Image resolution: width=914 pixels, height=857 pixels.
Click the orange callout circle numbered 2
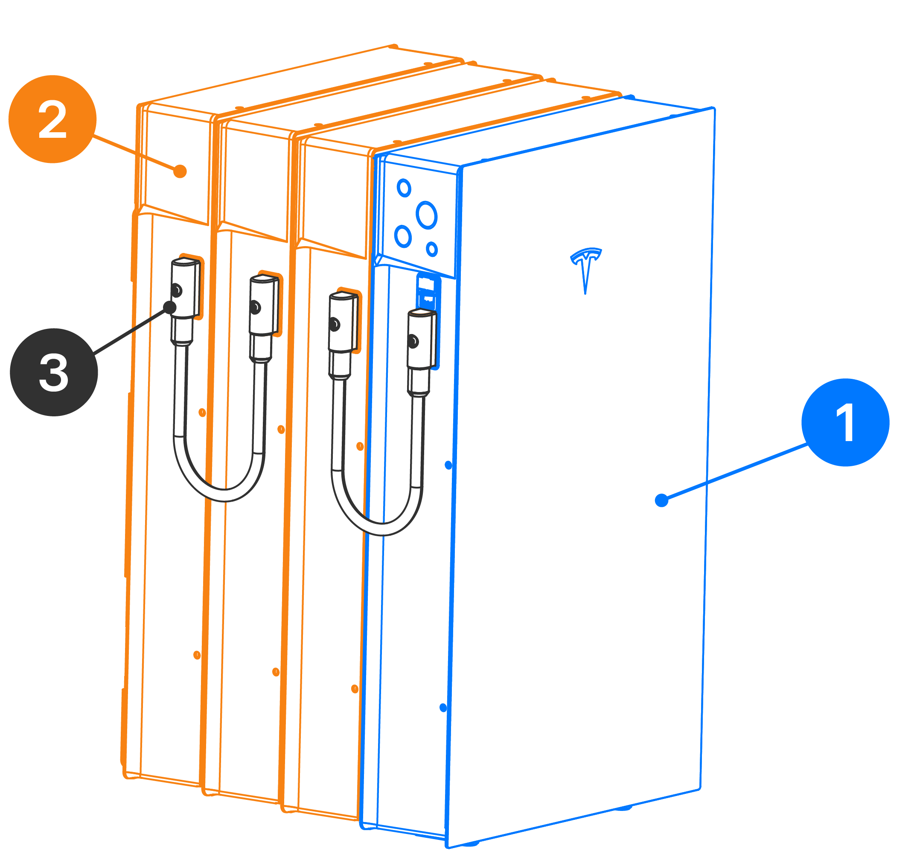(52, 119)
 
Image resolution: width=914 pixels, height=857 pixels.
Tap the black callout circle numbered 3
(54, 372)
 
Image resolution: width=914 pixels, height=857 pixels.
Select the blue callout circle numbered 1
(845, 422)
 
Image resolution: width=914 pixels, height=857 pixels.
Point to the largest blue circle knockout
(426, 215)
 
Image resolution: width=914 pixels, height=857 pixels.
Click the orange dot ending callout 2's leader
(180, 171)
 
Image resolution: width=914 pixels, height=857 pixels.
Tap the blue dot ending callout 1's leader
(661, 500)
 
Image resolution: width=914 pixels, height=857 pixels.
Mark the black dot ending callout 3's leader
(170, 307)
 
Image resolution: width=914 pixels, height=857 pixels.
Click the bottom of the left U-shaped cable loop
(224, 495)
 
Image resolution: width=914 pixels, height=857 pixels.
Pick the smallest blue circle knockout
(431, 250)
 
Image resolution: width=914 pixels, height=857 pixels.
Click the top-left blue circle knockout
(404, 188)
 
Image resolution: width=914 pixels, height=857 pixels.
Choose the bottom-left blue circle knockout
(403, 236)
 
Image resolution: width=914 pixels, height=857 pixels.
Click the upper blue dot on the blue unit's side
(448, 465)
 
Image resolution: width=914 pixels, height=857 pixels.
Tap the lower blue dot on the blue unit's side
(443, 708)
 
